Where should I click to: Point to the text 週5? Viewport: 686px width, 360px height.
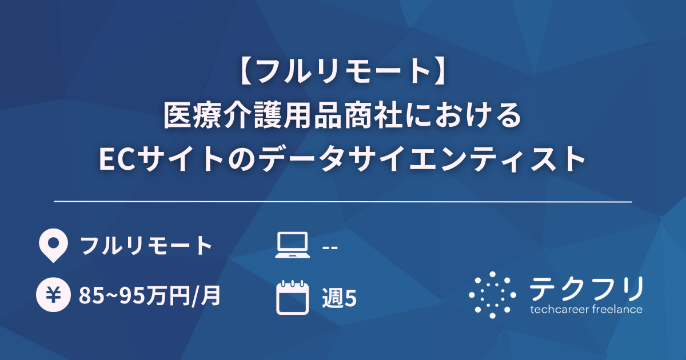pyautogui.click(x=339, y=297)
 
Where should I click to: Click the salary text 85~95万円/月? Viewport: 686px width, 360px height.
pyautogui.click(x=150, y=296)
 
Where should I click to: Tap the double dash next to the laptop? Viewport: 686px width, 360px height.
pyautogui.click(x=330, y=247)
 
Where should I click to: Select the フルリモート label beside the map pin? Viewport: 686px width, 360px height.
pyautogui.click(x=146, y=246)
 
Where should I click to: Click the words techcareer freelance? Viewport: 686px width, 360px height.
pyautogui.click(x=586, y=310)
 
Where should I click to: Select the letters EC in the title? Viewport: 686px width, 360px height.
pyautogui.click(x=118, y=158)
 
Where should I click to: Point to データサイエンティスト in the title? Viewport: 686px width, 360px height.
pyautogui.click(x=423, y=158)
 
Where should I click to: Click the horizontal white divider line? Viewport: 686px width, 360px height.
pyautogui.click(x=343, y=202)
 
